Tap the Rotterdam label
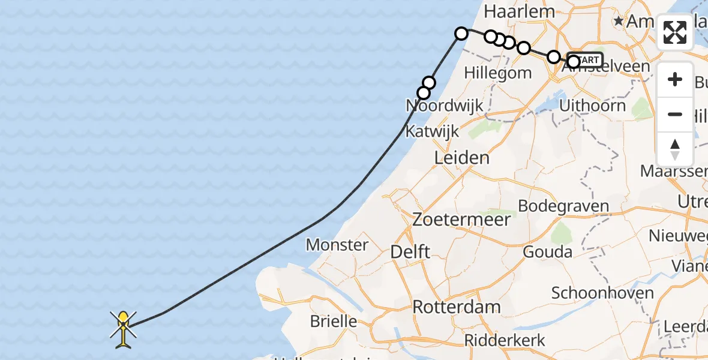(x=456, y=307)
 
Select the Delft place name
(x=410, y=251)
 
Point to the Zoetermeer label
(x=461, y=219)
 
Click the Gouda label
(x=547, y=251)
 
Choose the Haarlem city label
(x=510, y=11)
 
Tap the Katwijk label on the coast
(x=432, y=131)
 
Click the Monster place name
(x=337, y=244)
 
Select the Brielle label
(x=334, y=321)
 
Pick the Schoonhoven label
(x=602, y=293)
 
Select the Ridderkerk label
(x=505, y=340)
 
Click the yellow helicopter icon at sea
(x=124, y=328)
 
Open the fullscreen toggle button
(x=675, y=32)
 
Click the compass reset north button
(x=675, y=149)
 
